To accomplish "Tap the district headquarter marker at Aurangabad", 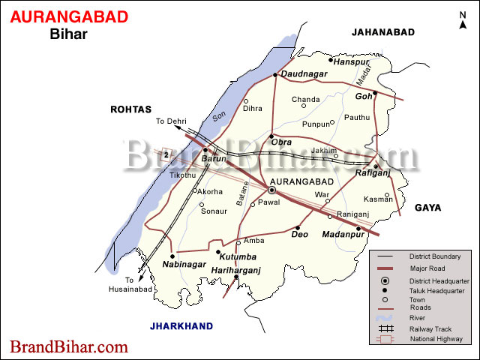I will (x=271, y=190).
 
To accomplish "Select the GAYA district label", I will (x=427, y=207).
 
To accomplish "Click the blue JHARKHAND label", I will (x=181, y=325).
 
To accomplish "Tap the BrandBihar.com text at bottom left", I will (x=68, y=347).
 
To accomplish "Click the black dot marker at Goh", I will (x=375, y=94).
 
